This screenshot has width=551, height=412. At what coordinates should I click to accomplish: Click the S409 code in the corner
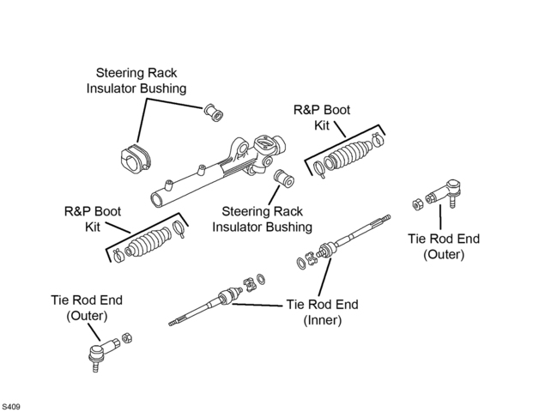click(10, 407)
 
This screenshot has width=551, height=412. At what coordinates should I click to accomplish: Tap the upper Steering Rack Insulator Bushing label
click(136, 81)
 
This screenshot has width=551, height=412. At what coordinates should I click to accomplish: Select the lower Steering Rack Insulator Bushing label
click(262, 219)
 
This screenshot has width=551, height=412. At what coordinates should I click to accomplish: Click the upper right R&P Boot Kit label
click(322, 118)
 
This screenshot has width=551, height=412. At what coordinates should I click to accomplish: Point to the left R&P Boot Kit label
click(93, 219)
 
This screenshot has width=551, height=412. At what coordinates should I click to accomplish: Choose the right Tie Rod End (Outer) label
click(444, 246)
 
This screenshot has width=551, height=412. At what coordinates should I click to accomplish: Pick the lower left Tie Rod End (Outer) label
click(87, 307)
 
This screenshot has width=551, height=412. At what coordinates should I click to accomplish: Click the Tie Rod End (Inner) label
click(322, 312)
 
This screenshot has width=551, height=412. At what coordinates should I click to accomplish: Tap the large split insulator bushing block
click(136, 160)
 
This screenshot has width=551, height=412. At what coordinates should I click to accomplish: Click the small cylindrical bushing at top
click(214, 112)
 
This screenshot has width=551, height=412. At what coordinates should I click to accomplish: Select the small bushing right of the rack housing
click(283, 179)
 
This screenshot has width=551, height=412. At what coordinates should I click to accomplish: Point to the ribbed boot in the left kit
click(148, 242)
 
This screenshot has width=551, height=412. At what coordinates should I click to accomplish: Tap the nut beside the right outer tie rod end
click(417, 204)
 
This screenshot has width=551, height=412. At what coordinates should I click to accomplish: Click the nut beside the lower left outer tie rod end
click(127, 337)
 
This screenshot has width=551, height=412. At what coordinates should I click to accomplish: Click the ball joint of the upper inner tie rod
click(328, 249)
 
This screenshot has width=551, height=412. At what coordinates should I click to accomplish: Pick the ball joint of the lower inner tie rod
click(227, 296)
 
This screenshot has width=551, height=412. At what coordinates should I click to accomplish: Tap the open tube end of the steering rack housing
click(157, 200)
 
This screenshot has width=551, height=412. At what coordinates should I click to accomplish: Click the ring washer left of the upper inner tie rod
click(301, 264)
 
